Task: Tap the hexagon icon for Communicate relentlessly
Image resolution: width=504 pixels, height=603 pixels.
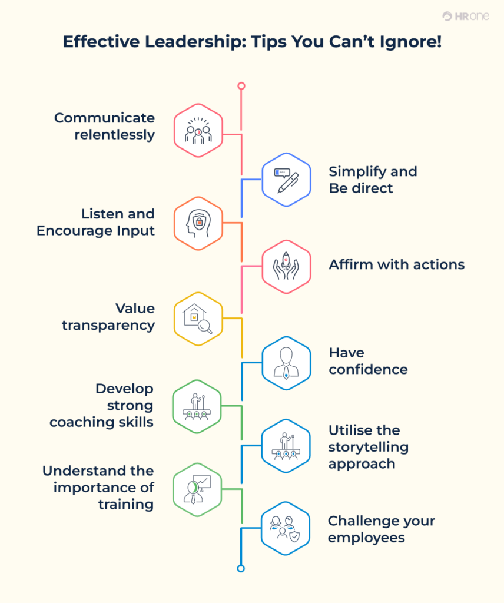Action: (198, 130)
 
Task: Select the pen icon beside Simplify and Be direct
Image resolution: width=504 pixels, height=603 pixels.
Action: (286, 179)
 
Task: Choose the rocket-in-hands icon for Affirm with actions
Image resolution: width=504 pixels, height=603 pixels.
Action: (286, 266)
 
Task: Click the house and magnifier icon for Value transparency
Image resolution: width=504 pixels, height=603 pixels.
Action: (198, 319)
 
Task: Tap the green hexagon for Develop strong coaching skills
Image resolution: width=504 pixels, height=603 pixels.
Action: (197, 406)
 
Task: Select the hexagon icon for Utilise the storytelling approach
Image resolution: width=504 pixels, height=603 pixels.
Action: (286, 446)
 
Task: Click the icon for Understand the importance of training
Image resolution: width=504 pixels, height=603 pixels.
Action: (197, 489)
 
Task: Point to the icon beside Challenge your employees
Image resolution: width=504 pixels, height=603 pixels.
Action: (286, 528)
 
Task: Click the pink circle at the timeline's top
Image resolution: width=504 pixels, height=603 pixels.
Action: (241, 86)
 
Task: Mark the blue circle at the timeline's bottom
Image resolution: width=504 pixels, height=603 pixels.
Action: (240, 568)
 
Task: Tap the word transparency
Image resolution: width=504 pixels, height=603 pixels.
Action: (108, 325)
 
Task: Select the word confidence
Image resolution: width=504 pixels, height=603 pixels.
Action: (368, 370)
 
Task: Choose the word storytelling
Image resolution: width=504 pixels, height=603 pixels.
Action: (369, 447)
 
